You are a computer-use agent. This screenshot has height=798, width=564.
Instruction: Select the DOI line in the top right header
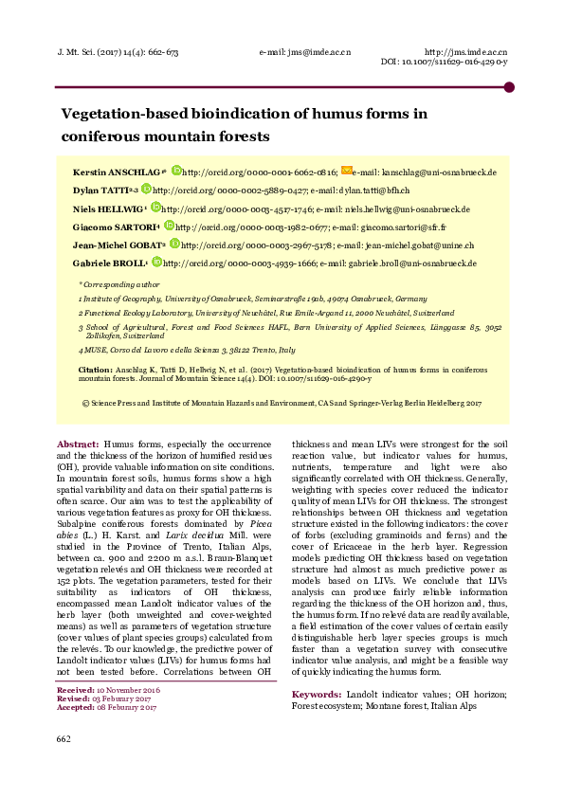(444, 62)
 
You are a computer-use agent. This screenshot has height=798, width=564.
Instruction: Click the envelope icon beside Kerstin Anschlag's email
(346, 172)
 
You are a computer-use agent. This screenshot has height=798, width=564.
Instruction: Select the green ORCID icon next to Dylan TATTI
(146, 190)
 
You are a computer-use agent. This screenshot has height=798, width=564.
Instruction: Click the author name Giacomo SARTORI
(116, 227)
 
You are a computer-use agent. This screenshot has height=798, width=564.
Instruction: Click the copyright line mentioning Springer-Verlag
(282, 403)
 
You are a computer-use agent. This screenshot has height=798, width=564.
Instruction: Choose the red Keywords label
(316, 694)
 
